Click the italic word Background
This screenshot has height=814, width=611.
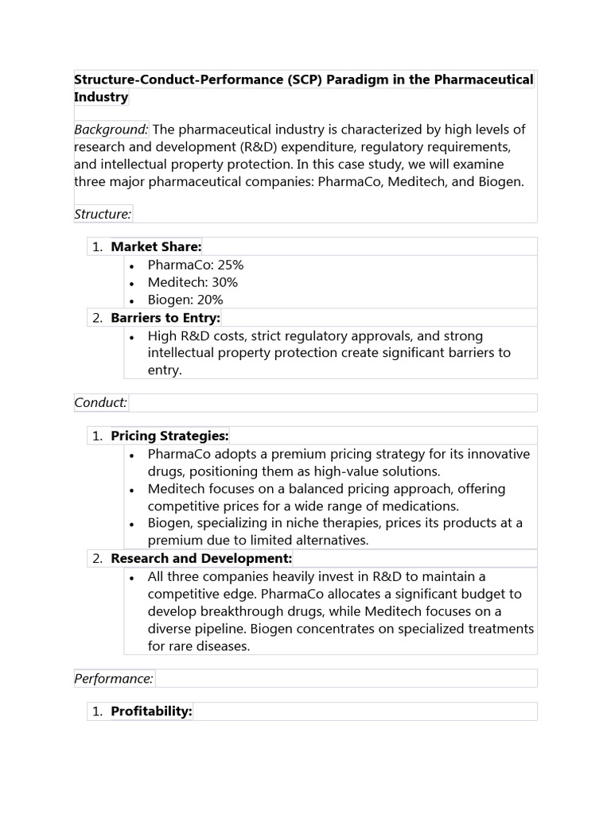[111, 130]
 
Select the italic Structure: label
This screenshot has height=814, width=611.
[103, 213]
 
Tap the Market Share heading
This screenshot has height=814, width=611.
[156, 246]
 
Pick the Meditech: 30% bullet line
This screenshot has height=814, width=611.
[193, 282]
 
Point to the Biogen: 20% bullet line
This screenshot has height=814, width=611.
[185, 300]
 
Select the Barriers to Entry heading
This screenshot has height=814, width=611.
[165, 318]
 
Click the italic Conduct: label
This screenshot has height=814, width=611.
[101, 402]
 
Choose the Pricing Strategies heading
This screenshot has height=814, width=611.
[169, 436]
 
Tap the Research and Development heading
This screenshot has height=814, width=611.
[201, 558]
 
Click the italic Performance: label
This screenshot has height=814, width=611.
[114, 678]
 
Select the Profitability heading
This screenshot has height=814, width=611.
[151, 711]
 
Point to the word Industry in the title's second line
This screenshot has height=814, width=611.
[101, 97]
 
